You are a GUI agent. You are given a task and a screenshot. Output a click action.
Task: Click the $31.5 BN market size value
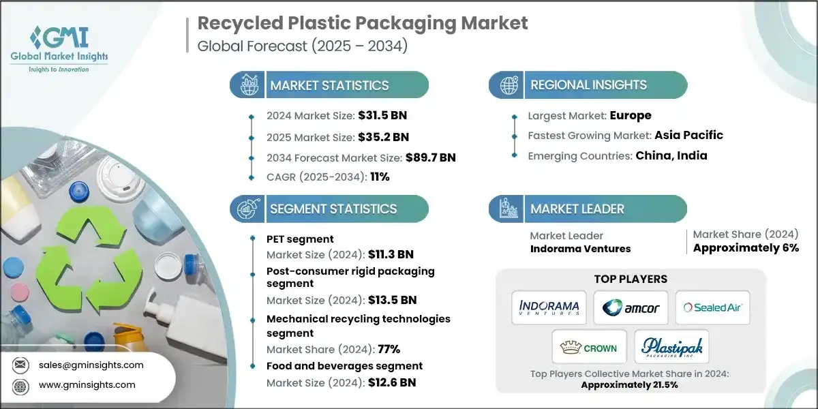(x=383, y=115)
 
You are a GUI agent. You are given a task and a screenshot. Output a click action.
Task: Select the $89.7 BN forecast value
(x=429, y=157)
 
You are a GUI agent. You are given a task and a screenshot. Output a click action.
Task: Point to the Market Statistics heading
(x=329, y=85)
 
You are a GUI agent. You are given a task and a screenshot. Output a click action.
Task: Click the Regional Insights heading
(x=588, y=85)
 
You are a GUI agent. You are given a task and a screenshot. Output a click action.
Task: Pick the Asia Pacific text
(x=688, y=135)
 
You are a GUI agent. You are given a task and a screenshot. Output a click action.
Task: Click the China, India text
(x=671, y=155)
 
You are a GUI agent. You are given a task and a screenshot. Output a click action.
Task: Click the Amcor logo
(x=630, y=307)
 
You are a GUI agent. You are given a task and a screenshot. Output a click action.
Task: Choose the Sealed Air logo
(x=712, y=307)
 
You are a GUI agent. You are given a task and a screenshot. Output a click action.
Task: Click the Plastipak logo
(x=671, y=348)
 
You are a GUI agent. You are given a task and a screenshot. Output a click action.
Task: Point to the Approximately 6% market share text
(x=746, y=247)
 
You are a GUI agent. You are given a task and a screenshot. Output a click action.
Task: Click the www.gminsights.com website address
(x=87, y=384)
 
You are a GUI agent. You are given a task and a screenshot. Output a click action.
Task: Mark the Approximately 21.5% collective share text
(x=631, y=384)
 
